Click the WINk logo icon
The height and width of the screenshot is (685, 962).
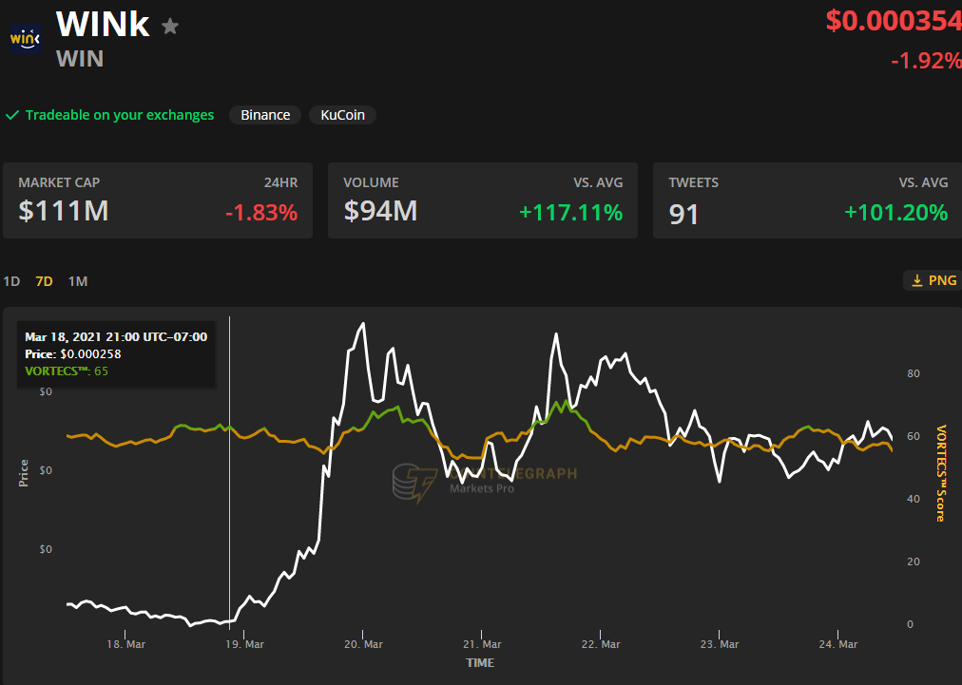pos(25,38)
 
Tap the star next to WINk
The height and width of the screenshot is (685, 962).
pos(170,27)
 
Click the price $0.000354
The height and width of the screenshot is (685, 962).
pos(893,21)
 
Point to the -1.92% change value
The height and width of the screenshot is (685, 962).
pos(925,61)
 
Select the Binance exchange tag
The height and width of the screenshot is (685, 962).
pos(265,115)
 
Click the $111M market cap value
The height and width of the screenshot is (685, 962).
pos(64,211)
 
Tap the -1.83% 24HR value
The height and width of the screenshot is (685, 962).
pos(261,212)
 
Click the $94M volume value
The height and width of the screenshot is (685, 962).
pos(380,211)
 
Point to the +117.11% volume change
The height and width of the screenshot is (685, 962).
pos(570,212)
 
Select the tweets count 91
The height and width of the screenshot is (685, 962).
pos(683,214)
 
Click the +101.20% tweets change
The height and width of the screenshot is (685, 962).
pos(895,212)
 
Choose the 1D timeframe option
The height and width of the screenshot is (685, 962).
pos(11,281)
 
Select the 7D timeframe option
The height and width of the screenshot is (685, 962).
pos(44,281)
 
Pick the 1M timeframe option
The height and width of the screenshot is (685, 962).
pos(78,281)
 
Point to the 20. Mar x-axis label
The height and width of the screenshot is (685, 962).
pos(363,644)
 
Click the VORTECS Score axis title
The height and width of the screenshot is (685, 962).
pos(940,473)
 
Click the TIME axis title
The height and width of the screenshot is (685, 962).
pos(480,662)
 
